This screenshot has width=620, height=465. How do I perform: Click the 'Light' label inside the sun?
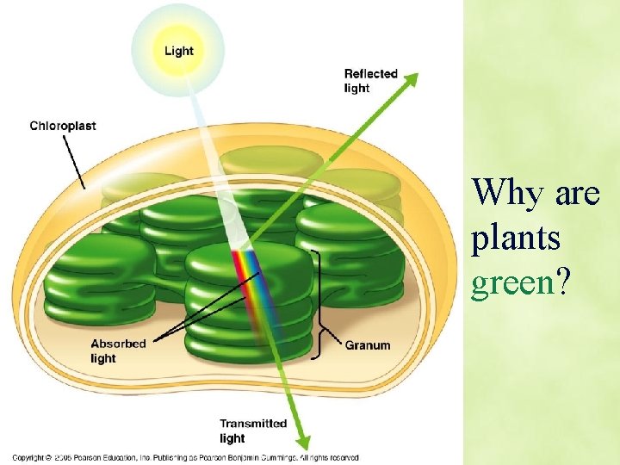coord(178,51)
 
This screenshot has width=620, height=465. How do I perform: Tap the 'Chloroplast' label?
coord(63,126)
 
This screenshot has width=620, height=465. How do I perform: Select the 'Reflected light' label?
coord(370,81)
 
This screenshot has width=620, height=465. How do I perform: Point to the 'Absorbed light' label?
coord(118,351)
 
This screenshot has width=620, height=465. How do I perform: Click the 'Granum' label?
coord(368,345)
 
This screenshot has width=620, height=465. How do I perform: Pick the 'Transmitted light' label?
coord(252,431)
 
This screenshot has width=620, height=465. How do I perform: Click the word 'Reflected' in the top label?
coord(370,74)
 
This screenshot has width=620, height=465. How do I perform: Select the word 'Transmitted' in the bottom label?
coord(252,424)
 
